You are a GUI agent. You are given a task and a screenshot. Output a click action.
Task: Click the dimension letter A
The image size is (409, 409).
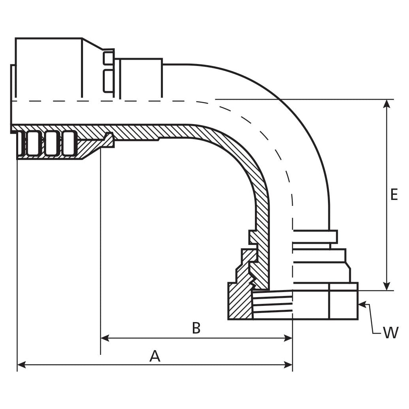coord(155,356)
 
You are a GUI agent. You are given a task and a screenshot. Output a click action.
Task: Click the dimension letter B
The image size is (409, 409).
coord(196,328)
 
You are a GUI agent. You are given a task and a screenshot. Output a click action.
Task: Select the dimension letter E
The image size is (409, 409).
coord(394,195)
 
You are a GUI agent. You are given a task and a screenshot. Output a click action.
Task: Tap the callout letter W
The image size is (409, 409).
coord(391,333)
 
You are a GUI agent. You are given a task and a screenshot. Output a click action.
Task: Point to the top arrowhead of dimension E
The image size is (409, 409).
coord(387,104)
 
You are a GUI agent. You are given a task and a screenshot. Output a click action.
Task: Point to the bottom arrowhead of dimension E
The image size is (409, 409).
coord(387,286)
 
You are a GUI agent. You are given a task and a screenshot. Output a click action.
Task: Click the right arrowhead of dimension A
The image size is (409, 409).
coord(288,365)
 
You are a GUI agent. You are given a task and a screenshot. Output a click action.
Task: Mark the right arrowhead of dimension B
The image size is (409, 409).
coord(288,338)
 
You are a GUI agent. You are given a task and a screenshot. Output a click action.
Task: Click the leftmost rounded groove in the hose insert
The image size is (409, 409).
coord(33,143)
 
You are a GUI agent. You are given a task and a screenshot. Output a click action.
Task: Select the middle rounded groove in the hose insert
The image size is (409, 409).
coord(51,143)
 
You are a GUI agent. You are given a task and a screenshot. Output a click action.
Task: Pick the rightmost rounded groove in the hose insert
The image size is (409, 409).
coord(69,143)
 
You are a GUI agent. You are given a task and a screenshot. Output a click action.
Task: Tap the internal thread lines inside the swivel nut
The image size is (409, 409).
coord(273,304)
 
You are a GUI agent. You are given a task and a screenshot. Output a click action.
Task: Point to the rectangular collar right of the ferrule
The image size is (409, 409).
coord(141,78)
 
